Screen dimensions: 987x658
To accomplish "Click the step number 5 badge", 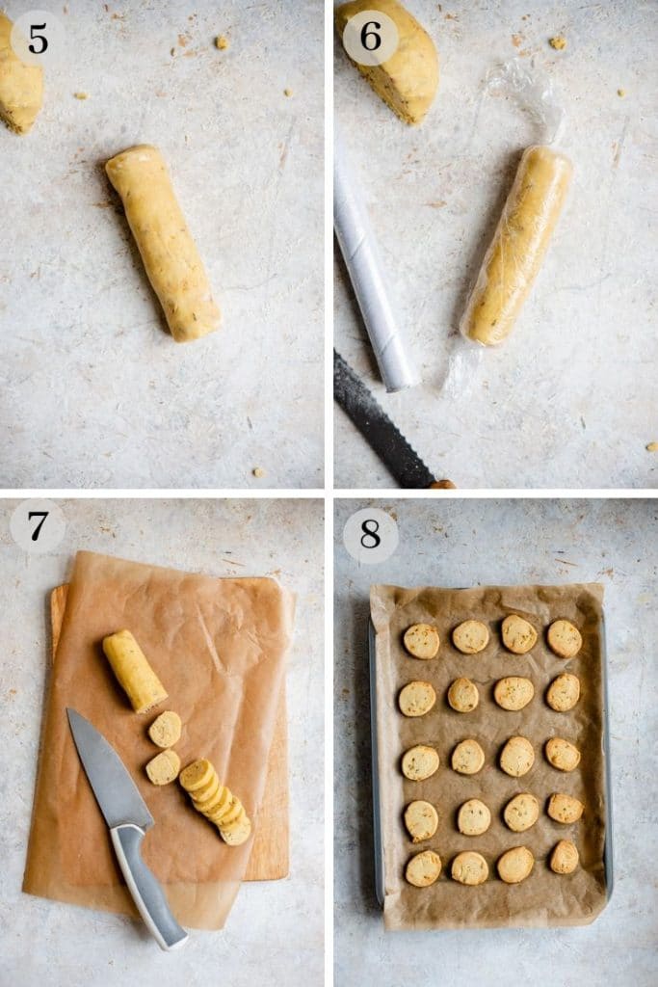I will coord(38,38).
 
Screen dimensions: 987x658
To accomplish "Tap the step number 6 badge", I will coord(370,38).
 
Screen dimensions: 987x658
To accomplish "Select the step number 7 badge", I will coord(38,526).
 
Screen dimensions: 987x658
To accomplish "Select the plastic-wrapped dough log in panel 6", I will coord(518,245).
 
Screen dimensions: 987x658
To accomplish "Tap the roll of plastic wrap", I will coord(372,280).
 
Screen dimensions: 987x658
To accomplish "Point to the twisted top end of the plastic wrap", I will coord(530,96).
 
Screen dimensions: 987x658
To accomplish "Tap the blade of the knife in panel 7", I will coord(107,767).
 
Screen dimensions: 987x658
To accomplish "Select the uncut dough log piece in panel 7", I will coord(134,670).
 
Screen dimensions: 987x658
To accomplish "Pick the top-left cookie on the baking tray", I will coord(421,641).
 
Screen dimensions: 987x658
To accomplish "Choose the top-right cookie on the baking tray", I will coord(565,638).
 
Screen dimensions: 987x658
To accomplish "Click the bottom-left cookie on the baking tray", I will coord(423,868).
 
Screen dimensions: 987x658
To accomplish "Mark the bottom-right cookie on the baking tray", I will coord(565,857).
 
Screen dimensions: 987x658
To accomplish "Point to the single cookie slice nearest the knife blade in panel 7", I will coord(163,767).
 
